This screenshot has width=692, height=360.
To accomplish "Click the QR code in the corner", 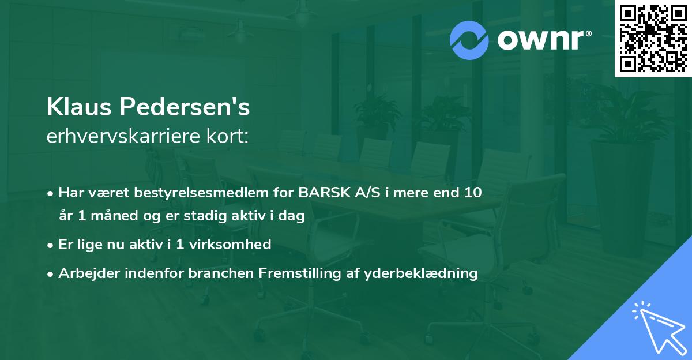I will (x=653, y=38).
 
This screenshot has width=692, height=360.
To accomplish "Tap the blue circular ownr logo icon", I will (x=470, y=40).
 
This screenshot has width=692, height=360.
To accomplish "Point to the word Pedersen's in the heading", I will (x=184, y=107).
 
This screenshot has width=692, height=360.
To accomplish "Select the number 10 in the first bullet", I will (x=473, y=193).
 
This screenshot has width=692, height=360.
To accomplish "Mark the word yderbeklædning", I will (x=421, y=273).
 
